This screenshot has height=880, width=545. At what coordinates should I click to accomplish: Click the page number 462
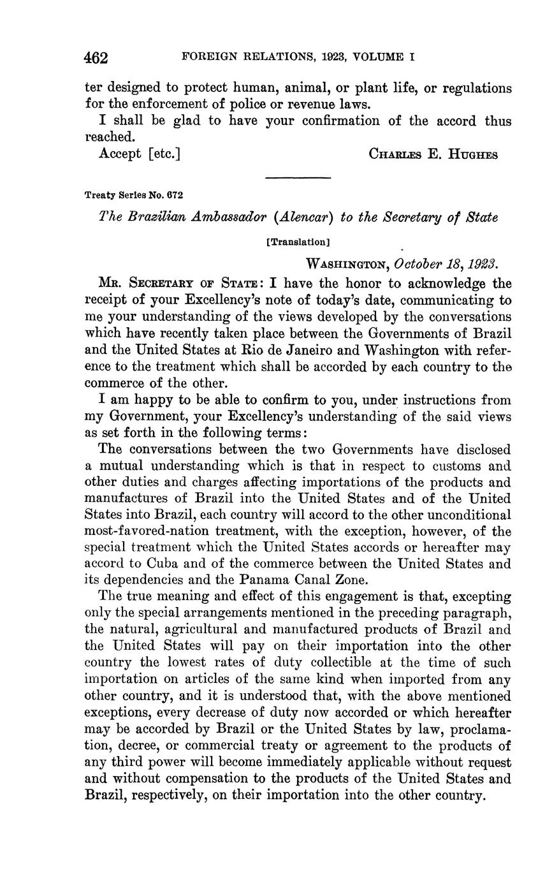pos(96,58)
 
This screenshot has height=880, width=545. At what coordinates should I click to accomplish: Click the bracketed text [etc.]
pos(164,154)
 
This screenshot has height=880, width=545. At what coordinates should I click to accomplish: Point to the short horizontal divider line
pos(298,177)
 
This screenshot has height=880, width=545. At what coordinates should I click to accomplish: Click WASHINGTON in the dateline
pos(347,264)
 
